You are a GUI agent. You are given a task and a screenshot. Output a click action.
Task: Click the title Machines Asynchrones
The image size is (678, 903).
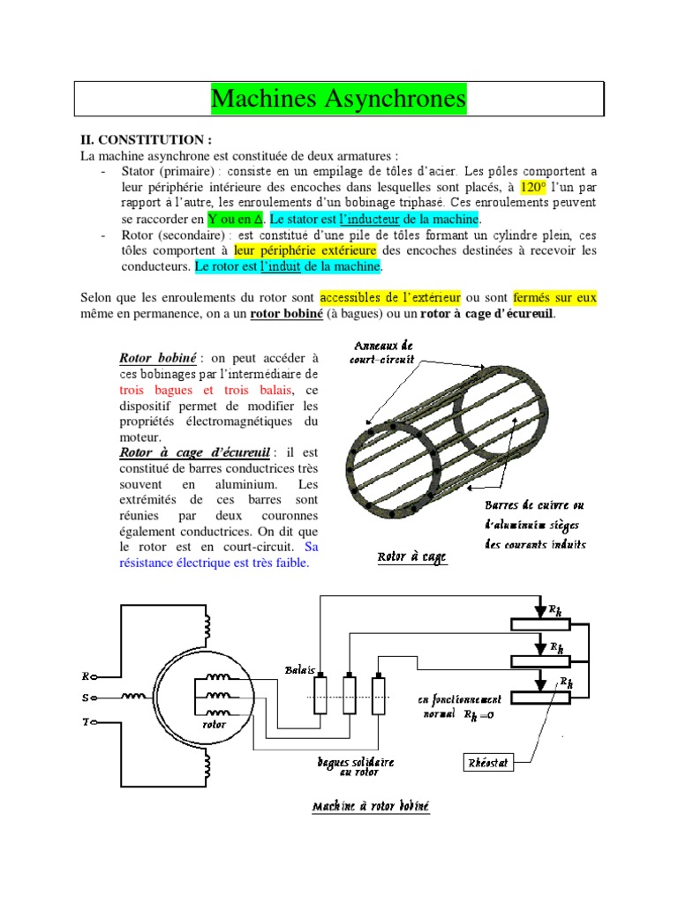[x=338, y=99]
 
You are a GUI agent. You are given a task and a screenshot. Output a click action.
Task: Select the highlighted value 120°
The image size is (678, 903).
[x=533, y=187]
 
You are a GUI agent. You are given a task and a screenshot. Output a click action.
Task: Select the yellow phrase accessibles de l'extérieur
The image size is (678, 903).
[x=389, y=297]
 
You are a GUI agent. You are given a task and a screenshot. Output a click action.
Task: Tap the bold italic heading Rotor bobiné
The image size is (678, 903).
[x=158, y=358]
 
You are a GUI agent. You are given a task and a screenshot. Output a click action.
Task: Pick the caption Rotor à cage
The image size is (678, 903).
[x=411, y=557]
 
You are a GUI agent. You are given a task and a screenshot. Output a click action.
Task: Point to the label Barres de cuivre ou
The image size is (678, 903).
[x=533, y=506]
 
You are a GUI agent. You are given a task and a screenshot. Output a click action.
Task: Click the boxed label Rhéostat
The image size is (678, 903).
[x=486, y=761]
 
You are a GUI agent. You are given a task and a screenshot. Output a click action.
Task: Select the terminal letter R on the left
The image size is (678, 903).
[x=86, y=676]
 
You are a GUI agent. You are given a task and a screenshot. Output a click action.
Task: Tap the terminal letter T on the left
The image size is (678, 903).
[x=86, y=721]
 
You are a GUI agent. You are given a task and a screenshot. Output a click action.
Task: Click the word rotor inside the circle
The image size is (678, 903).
[x=215, y=724]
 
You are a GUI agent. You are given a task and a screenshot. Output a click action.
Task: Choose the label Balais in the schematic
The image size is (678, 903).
[x=300, y=669]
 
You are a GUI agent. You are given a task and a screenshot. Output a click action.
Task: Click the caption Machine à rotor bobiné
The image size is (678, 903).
[x=371, y=806]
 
